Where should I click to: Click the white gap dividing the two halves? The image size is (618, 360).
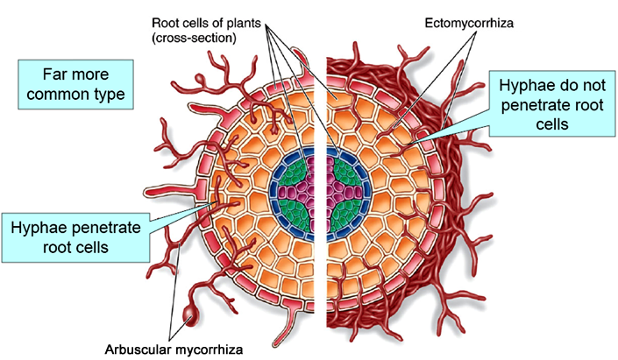coord(323,263)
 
